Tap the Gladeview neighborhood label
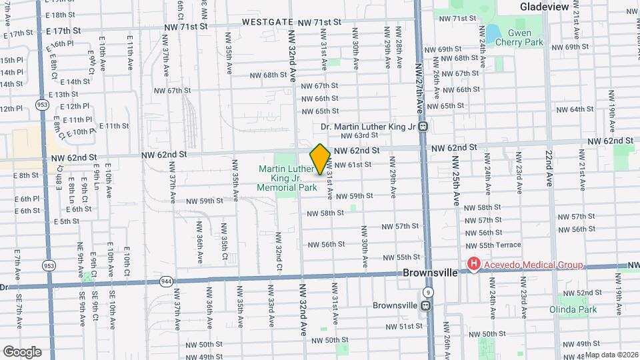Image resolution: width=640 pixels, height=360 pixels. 545,7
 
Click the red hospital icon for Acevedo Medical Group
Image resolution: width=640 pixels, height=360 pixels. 474,265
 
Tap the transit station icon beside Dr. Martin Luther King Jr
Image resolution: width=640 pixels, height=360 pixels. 423,127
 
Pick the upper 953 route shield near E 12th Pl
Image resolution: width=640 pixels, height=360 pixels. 43,105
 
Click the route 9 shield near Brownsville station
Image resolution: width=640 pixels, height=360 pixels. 427,292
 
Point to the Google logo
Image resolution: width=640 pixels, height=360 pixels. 22,351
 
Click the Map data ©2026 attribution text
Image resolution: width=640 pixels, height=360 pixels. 611,355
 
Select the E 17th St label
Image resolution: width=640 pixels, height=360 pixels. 64,31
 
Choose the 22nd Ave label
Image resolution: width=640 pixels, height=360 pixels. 547,169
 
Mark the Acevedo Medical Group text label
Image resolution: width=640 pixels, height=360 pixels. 533,265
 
